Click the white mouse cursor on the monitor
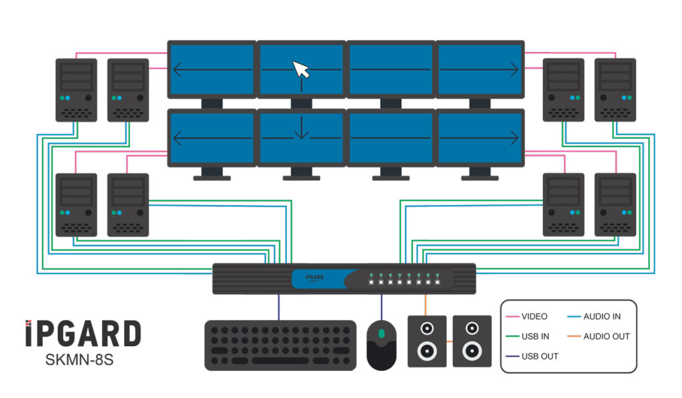(x=301, y=69)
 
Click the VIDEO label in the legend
(x=535, y=316)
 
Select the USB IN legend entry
(x=535, y=336)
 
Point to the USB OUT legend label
(x=539, y=356)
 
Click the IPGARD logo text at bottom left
(x=83, y=333)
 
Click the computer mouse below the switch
(x=382, y=344)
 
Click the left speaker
(x=426, y=341)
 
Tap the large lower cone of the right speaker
(x=472, y=350)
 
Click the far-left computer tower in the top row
(x=76, y=90)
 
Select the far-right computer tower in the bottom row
(x=615, y=204)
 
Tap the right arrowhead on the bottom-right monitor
(x=515, y=138)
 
